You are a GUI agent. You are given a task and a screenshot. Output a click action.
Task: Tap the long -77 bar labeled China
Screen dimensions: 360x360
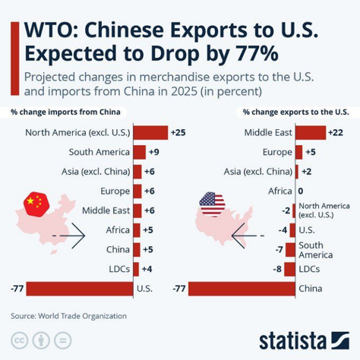pyautogui.click(x=241, y=289)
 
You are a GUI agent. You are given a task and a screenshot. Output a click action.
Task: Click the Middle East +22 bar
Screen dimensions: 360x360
pyautogui.click(x=308, y=132)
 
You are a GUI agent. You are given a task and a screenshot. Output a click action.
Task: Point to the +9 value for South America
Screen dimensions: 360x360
pyautogui.click(x=153, y=152)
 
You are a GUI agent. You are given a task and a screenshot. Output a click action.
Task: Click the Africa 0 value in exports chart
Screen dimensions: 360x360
pyautogui.click(x=301, y=191)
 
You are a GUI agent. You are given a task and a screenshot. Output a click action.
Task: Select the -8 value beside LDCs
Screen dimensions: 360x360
pyautogui.click(x=279, y=269)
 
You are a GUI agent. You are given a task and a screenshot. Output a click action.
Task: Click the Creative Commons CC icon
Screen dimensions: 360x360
pyautogui.click(x=17, y=339)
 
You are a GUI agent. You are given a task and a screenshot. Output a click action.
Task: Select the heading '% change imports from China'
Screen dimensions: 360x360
pyautogui.click(x=67, y=112)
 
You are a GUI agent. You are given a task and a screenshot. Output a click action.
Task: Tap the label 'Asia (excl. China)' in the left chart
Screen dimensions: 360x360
pyautogui.click(x=96, y=172)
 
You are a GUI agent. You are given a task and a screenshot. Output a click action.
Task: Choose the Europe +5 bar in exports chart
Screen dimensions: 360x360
pyautogui.click(x=298, y=152)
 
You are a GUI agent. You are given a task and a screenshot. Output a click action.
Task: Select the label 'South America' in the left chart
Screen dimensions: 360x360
pyautogui.click(x=99, y=152)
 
